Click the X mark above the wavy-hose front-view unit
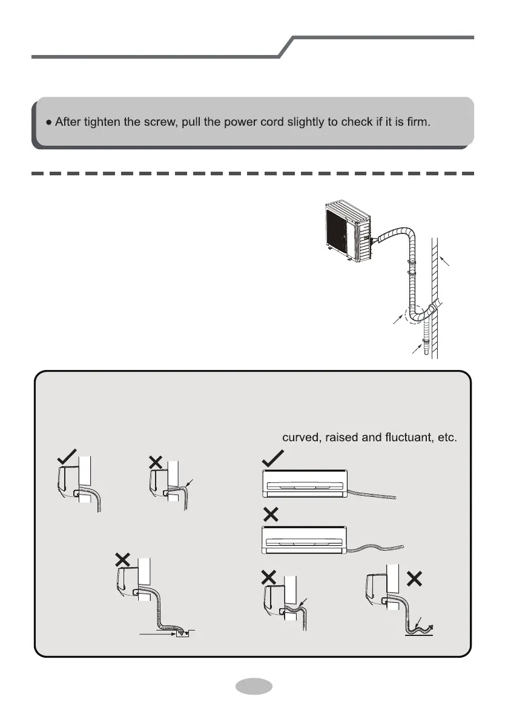(271, 515)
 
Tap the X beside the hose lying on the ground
(415, 578)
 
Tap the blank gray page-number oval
(253, 687)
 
